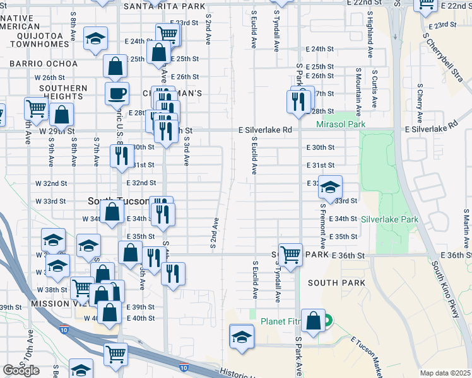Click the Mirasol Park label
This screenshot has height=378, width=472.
(x=341, y=125)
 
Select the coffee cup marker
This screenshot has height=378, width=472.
(x=117, y=94)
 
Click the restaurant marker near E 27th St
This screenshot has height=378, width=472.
(x=296, y=100)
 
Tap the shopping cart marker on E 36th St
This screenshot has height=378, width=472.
(x=290, y=255)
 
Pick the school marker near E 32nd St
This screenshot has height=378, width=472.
(x=329, y=187)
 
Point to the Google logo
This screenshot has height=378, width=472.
(x=21, y=370)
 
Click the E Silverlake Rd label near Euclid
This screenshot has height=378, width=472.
(x=264, y=130)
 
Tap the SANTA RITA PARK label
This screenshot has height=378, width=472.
(x=165, y=6)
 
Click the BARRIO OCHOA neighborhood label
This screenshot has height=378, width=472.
(x=44, y=64)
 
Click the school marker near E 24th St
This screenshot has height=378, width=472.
(x=95, y=40)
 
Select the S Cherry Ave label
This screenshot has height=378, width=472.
(x=418, y=105)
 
